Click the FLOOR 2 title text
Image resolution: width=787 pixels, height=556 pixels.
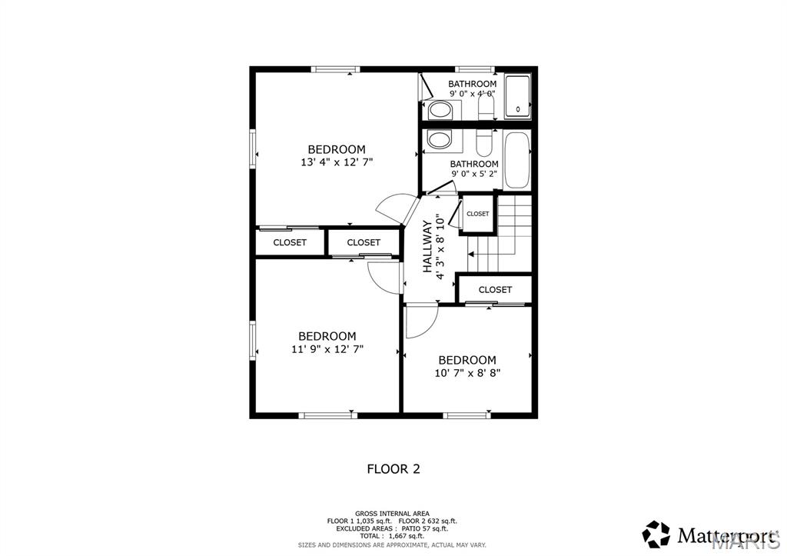[393, 468]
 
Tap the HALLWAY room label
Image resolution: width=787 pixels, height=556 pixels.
[427, 246]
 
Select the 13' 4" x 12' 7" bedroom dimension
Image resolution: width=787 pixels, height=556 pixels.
[337, 162]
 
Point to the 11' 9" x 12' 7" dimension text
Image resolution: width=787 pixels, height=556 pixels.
[327, 348]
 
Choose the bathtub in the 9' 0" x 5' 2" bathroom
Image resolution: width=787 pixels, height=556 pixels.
[517, 159]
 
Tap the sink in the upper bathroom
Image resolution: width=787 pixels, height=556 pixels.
[440, 110]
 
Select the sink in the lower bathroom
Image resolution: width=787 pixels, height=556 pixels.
[440, 140]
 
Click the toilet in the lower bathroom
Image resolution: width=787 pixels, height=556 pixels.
[484, 143]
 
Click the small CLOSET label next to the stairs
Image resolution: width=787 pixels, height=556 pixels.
[477, 214]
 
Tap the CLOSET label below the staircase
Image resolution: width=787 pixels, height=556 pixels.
[495, 290]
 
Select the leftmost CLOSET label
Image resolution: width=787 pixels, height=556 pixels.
[290, 242]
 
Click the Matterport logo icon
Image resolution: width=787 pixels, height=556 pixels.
[656, 533]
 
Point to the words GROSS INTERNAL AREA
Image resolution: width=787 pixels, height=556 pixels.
[392, 513]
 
